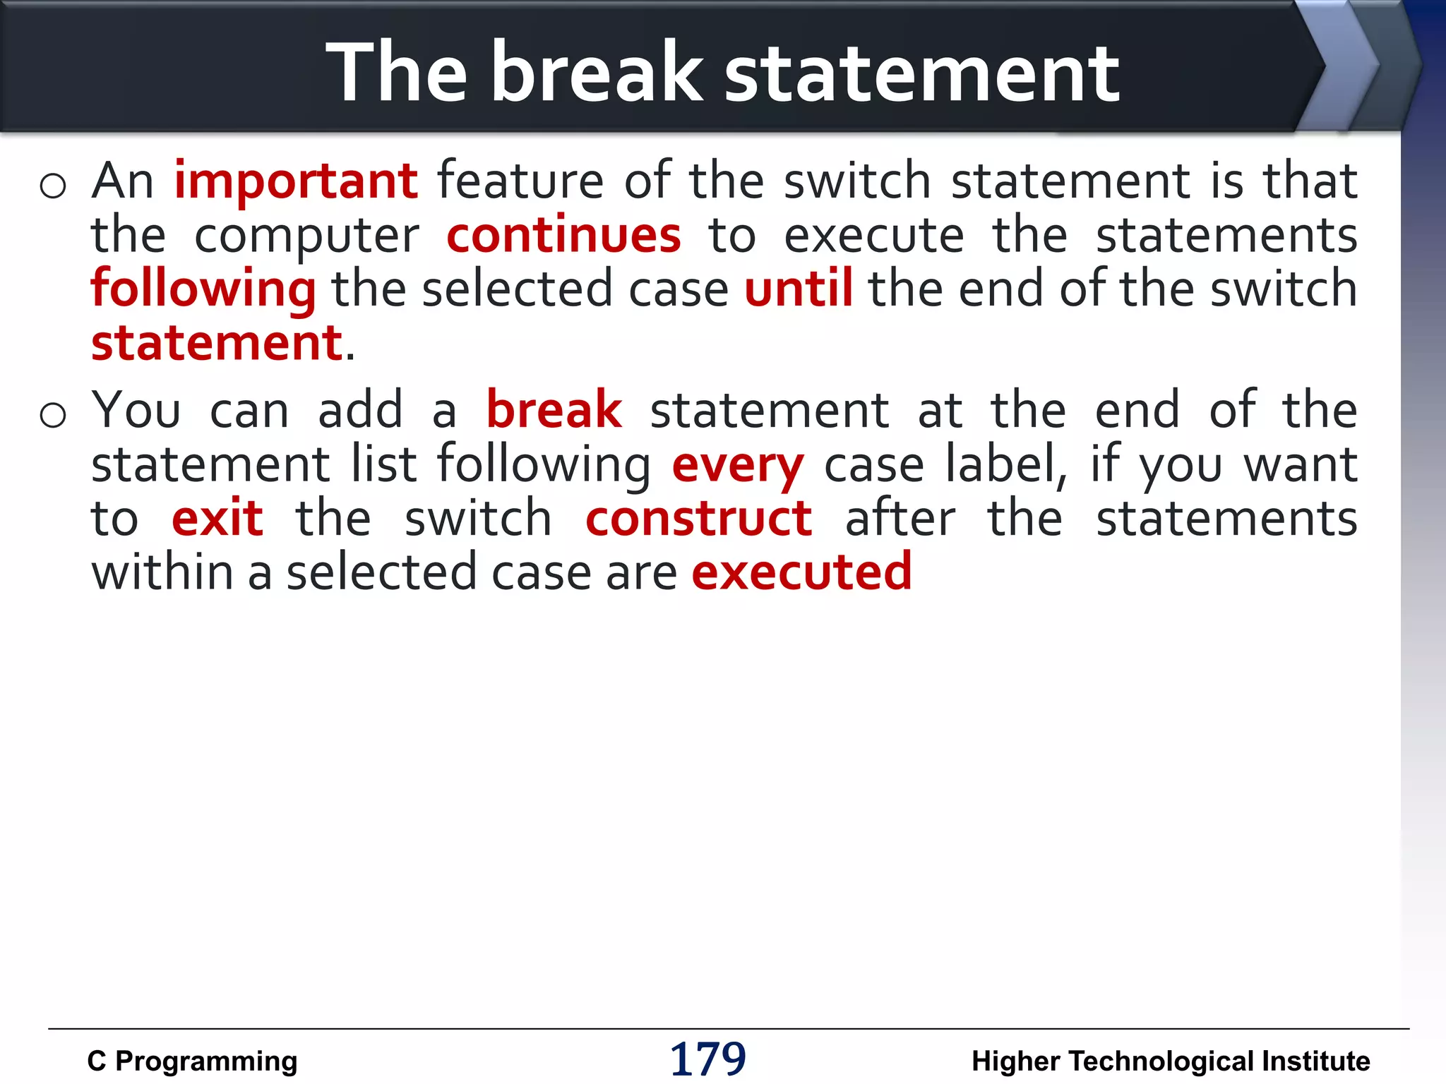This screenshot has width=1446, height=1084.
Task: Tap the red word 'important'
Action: [296, 181]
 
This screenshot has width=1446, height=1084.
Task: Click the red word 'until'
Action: [799, 289]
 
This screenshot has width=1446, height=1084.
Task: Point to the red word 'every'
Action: [737, 466]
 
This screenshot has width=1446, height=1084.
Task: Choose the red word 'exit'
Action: [217, 519]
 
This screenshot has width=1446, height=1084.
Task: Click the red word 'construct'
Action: [698, 519]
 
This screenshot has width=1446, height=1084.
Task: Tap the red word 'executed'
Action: [801, 572]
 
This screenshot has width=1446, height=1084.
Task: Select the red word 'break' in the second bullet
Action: [554, 411]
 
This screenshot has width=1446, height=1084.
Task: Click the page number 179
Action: [707, 1059]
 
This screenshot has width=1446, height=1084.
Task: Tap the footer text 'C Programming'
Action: [192, 1061]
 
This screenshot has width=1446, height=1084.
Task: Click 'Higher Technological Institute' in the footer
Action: [1170, 1061]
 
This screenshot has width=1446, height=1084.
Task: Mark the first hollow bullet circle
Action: [53, 186]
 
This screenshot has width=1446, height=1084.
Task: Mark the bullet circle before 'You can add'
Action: [53, 415]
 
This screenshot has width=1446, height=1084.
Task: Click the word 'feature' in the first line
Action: [520, 181]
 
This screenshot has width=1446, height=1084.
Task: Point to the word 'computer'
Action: [306, 236]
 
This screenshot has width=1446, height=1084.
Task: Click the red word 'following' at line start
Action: [203, 290]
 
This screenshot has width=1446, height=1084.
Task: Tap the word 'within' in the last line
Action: [162, 572]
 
